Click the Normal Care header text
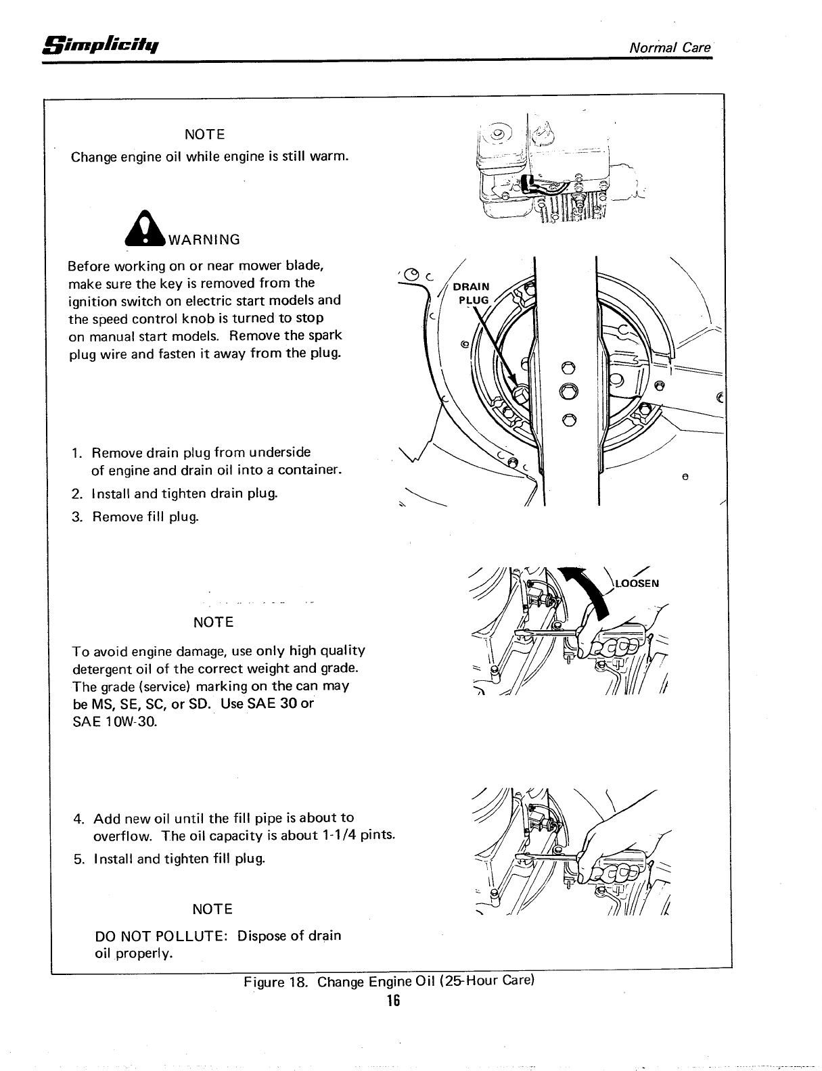click(670, 47)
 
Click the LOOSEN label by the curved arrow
click(636, 584)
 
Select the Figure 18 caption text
click(389, 981)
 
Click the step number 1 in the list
click(78, 452)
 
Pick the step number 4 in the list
click(78, 819)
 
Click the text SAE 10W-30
click(114, 721)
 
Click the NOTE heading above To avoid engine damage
click(213, 622)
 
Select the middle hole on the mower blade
click(569, 391)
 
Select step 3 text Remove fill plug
click(145, 517)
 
